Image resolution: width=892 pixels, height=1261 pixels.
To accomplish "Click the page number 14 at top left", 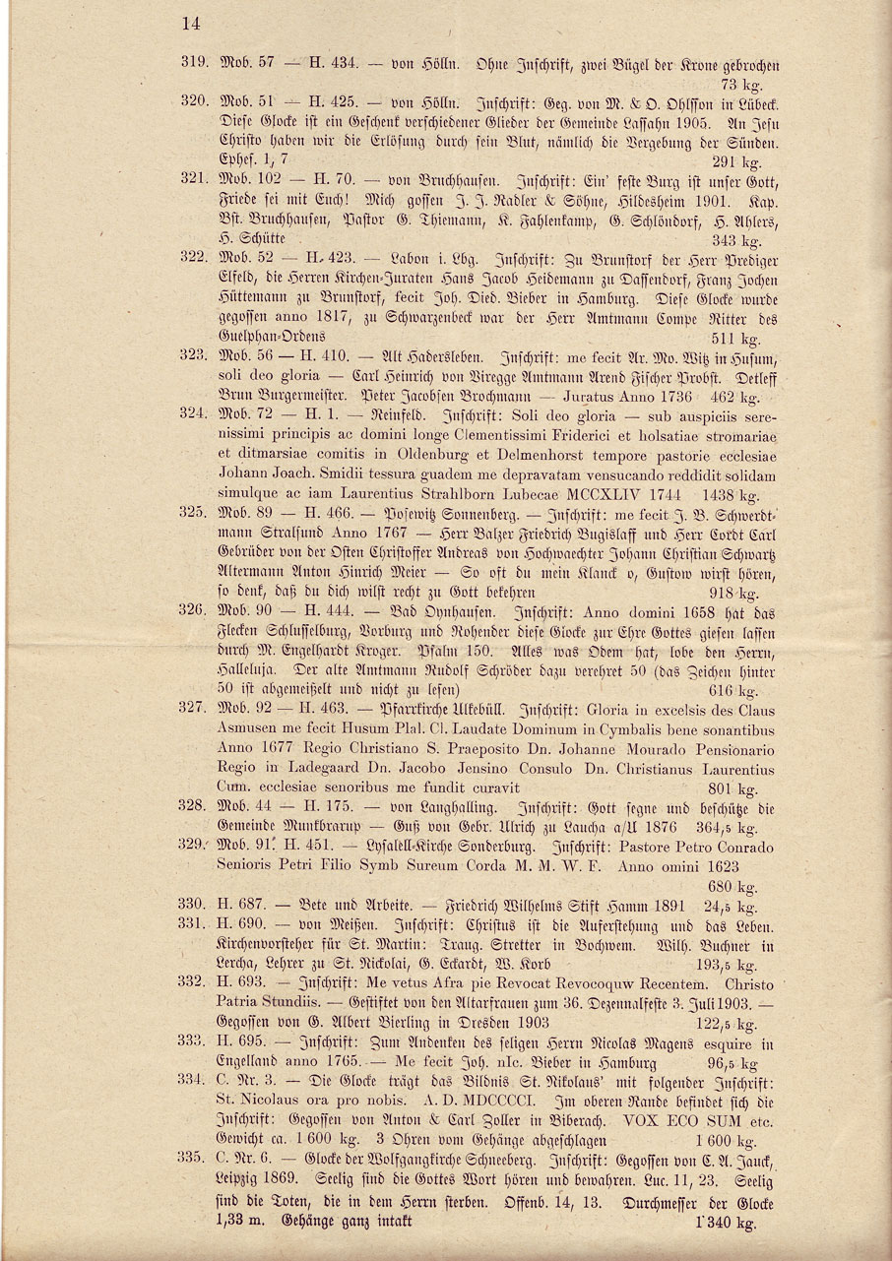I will click(190, 26).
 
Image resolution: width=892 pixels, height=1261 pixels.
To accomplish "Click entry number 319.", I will click(192, 61).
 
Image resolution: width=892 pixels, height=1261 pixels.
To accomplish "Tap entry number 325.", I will click(192, 513).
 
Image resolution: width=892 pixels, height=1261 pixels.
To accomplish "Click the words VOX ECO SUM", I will click(663, 1121).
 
